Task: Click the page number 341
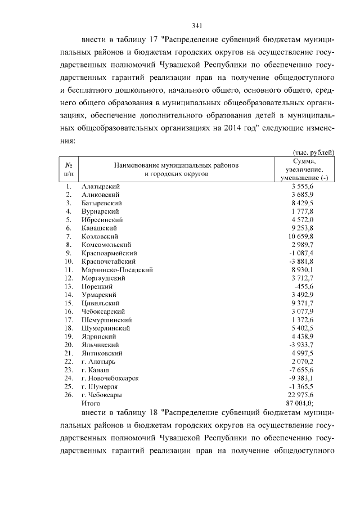[196, 25]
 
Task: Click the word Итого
[91, 403]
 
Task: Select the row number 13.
[69, 286]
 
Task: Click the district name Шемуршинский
[106, 319]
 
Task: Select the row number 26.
[69, 395]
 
